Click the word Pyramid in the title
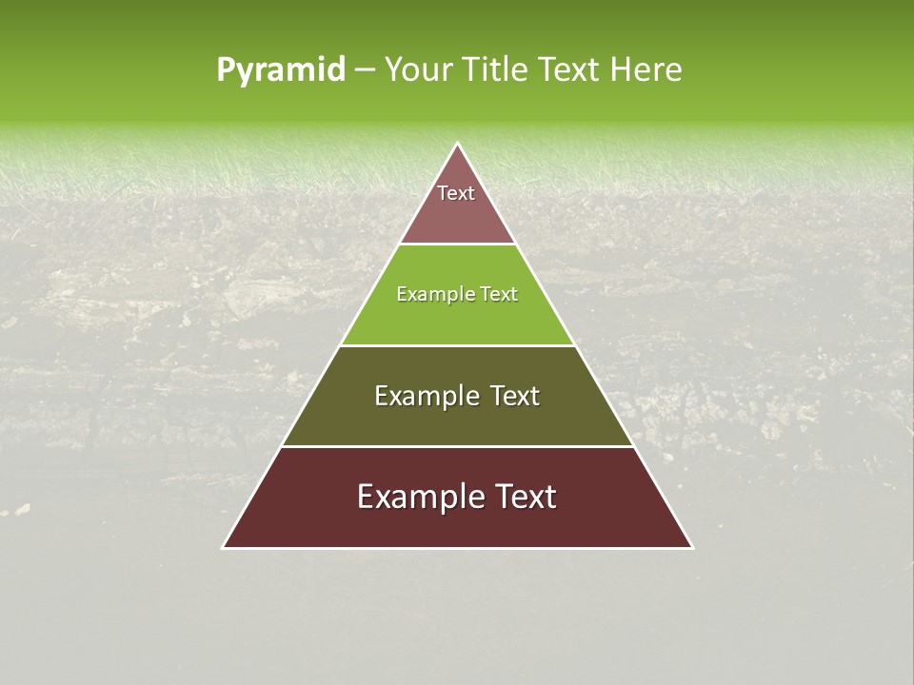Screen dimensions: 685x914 pos(281,70)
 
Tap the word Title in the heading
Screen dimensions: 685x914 pos(497,70)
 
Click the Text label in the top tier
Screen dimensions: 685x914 pos(456,193)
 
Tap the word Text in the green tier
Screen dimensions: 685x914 pos(500,294)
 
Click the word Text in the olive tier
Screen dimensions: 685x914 pos(514,396)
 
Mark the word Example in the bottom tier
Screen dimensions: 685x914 pos(417,497)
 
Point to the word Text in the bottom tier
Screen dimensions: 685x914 pos(527,497)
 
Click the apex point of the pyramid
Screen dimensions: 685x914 pos(458,145)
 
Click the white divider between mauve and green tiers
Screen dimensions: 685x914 pos(458,245)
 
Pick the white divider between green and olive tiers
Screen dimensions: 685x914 pos(458,345)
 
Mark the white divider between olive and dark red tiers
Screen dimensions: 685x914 pos(458,446)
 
